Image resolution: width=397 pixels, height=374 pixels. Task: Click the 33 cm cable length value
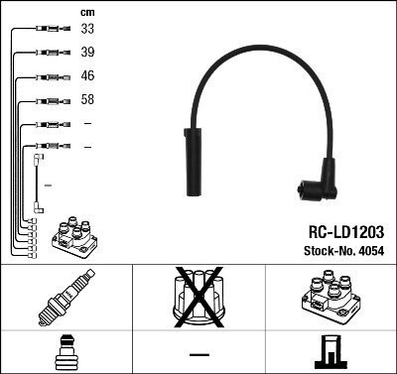coord(87,29)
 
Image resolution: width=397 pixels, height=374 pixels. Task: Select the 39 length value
coord(87,52)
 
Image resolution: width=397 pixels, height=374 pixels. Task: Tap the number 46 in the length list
coord(87,75)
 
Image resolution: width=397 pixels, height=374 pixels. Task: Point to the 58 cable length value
coord(87,99)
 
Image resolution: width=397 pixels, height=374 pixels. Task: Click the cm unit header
coord(87,13)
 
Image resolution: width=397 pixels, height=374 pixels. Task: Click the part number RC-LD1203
coord(346,232)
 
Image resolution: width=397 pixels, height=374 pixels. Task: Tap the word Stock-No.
coord(330,251)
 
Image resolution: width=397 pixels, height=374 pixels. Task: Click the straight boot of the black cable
coord(194,162)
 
